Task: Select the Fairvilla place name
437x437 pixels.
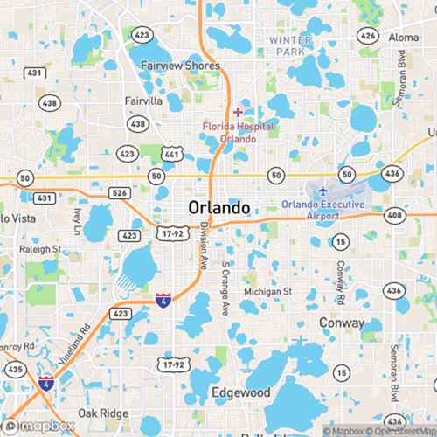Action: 143,101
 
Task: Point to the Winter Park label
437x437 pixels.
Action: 291,46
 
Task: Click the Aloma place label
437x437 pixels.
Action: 404,38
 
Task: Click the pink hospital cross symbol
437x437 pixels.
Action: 238,112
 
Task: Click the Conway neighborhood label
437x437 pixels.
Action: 342,323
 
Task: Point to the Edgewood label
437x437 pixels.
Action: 241,393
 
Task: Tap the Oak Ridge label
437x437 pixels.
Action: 103,413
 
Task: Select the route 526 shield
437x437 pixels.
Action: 120,192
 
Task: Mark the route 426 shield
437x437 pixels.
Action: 369,36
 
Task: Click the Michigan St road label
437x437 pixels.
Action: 267,291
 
